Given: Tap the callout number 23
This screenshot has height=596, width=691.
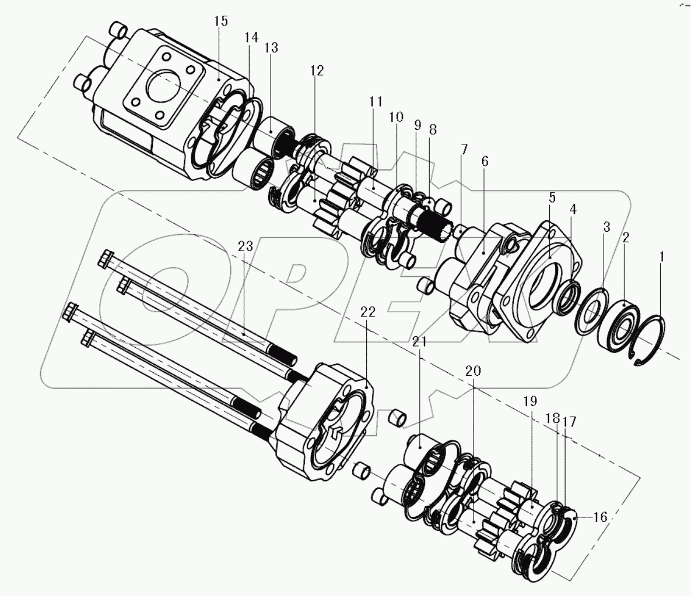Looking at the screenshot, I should [x=245, y=247].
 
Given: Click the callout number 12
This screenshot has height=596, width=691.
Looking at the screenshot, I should [x=317, y=70].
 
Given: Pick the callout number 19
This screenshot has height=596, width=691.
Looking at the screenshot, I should [x=530, y=401].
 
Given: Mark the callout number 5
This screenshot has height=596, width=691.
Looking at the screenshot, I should [x=552, y=197].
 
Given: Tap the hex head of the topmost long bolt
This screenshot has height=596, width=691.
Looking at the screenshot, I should [x=106, y=257].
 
